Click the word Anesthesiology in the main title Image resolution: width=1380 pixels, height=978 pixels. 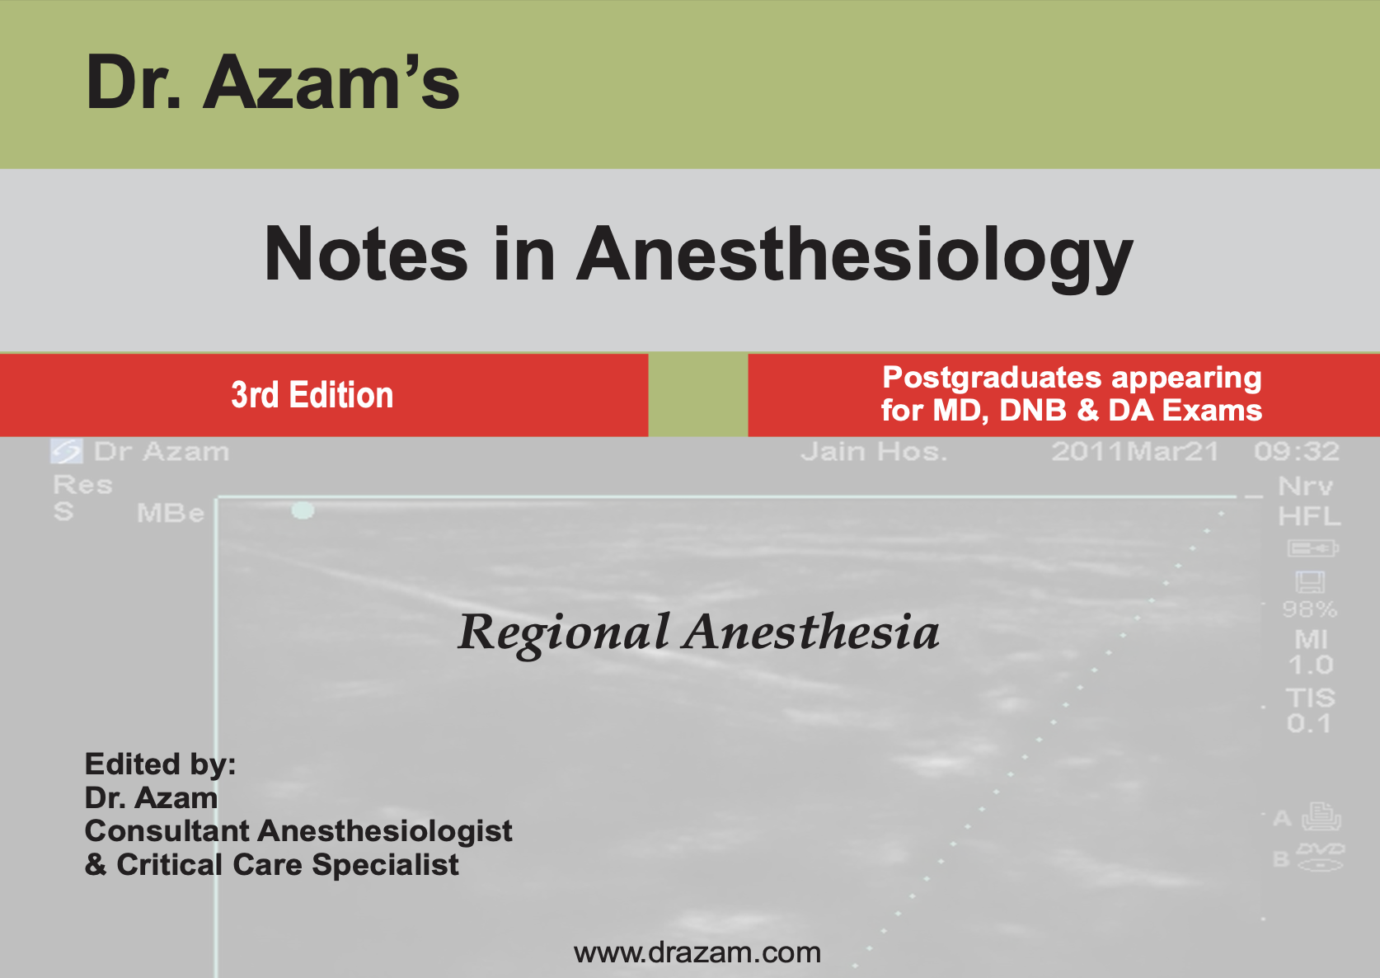855,257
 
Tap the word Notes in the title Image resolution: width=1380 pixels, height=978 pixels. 366,254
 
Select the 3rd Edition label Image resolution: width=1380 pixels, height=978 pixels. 312,395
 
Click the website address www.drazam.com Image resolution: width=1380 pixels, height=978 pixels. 697,952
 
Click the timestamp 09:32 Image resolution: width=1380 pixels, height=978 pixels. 1297,452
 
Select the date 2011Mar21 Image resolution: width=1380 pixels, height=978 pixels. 1135,452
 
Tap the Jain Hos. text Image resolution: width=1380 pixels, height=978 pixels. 874,452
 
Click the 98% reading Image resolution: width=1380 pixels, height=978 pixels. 1310,609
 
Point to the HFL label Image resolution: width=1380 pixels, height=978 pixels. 1309,516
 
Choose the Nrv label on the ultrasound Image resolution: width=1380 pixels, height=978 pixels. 1306,487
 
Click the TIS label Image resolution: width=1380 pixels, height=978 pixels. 1310,698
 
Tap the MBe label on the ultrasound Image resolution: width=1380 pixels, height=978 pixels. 171,514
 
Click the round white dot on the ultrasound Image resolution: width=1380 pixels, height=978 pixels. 303,510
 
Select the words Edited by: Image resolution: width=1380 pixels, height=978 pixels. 160,764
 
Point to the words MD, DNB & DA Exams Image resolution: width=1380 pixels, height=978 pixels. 1097,411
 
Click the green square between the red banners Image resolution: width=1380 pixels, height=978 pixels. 698,395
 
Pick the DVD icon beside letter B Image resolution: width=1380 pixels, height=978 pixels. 1321,858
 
